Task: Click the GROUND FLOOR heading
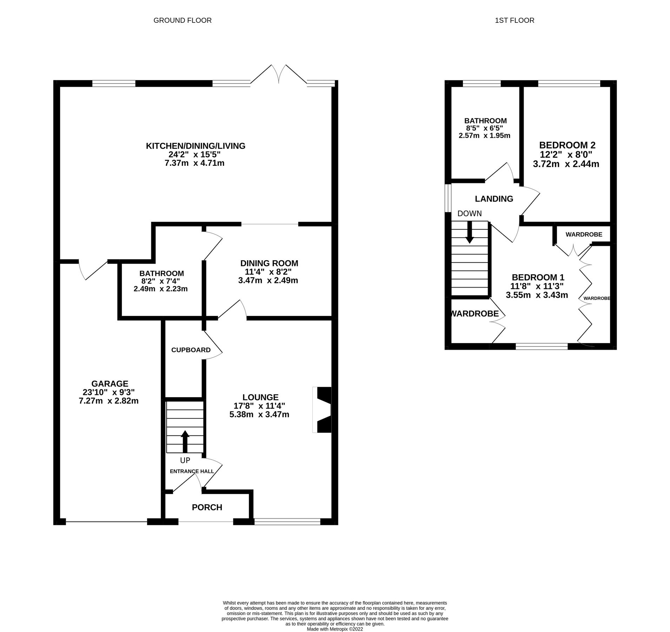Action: (183, 20)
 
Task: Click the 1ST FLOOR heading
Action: (514, 20)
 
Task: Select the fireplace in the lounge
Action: (322, 410)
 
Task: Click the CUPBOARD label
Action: (191, 350)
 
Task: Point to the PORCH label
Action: (207, 507)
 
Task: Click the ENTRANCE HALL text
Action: (192, 471)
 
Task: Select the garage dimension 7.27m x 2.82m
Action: (108, 401)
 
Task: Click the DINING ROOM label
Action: (269, 263)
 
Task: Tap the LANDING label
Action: (494, 199)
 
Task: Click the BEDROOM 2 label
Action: (567, 145)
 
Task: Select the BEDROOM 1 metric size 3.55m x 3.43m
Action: (537, 295)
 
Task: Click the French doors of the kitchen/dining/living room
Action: (279, 75)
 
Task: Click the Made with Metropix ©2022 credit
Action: (334, 629)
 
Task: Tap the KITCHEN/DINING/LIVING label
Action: (195, 146)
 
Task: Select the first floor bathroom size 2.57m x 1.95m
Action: (484, 136)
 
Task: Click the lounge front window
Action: (287, 522)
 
